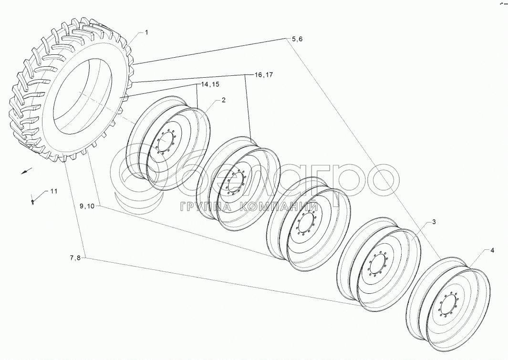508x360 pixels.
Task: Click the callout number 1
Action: click(x=146, y=32)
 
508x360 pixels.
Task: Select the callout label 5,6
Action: click(x=297, y=39)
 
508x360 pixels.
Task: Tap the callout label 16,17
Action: click(x=264, y=75)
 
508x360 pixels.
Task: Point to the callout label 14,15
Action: click(x=210, y=84)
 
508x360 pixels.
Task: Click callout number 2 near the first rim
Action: click(x=224, y=100)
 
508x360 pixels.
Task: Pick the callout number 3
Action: click(x=434, y=222)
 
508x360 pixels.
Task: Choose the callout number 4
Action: click(x=492, y=250)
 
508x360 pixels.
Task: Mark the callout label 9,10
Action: click(x=87, y=206)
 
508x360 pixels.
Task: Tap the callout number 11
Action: click(x=53, y=191)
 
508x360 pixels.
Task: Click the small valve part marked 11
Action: click(x=32, y=201)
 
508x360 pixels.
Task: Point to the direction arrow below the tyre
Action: click(x=27, y=171)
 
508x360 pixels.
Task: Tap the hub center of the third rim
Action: click(x=306, y=222)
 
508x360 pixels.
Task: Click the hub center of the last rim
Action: click(x=448, y=303)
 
